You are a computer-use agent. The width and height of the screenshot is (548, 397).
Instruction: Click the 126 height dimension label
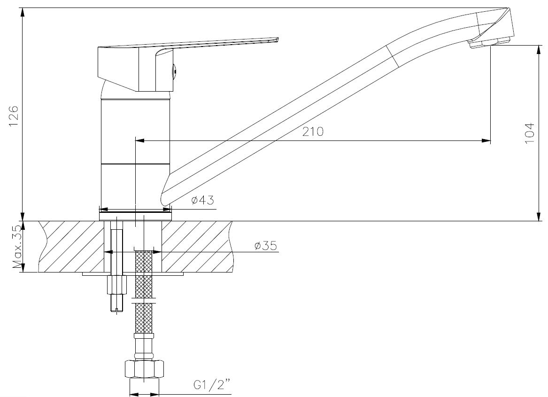click(13, 116)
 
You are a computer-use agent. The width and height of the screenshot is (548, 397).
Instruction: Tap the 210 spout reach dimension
click(313, 132)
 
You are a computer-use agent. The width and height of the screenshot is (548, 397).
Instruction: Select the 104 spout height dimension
click(530, 132)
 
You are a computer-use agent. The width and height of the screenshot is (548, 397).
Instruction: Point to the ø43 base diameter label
click(202, 201)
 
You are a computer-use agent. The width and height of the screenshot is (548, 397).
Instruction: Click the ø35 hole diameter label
click(266, 246)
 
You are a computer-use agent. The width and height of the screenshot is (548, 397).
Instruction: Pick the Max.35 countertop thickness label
click(17, 247)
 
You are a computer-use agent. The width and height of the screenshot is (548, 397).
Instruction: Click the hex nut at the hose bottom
click(145, 369)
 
